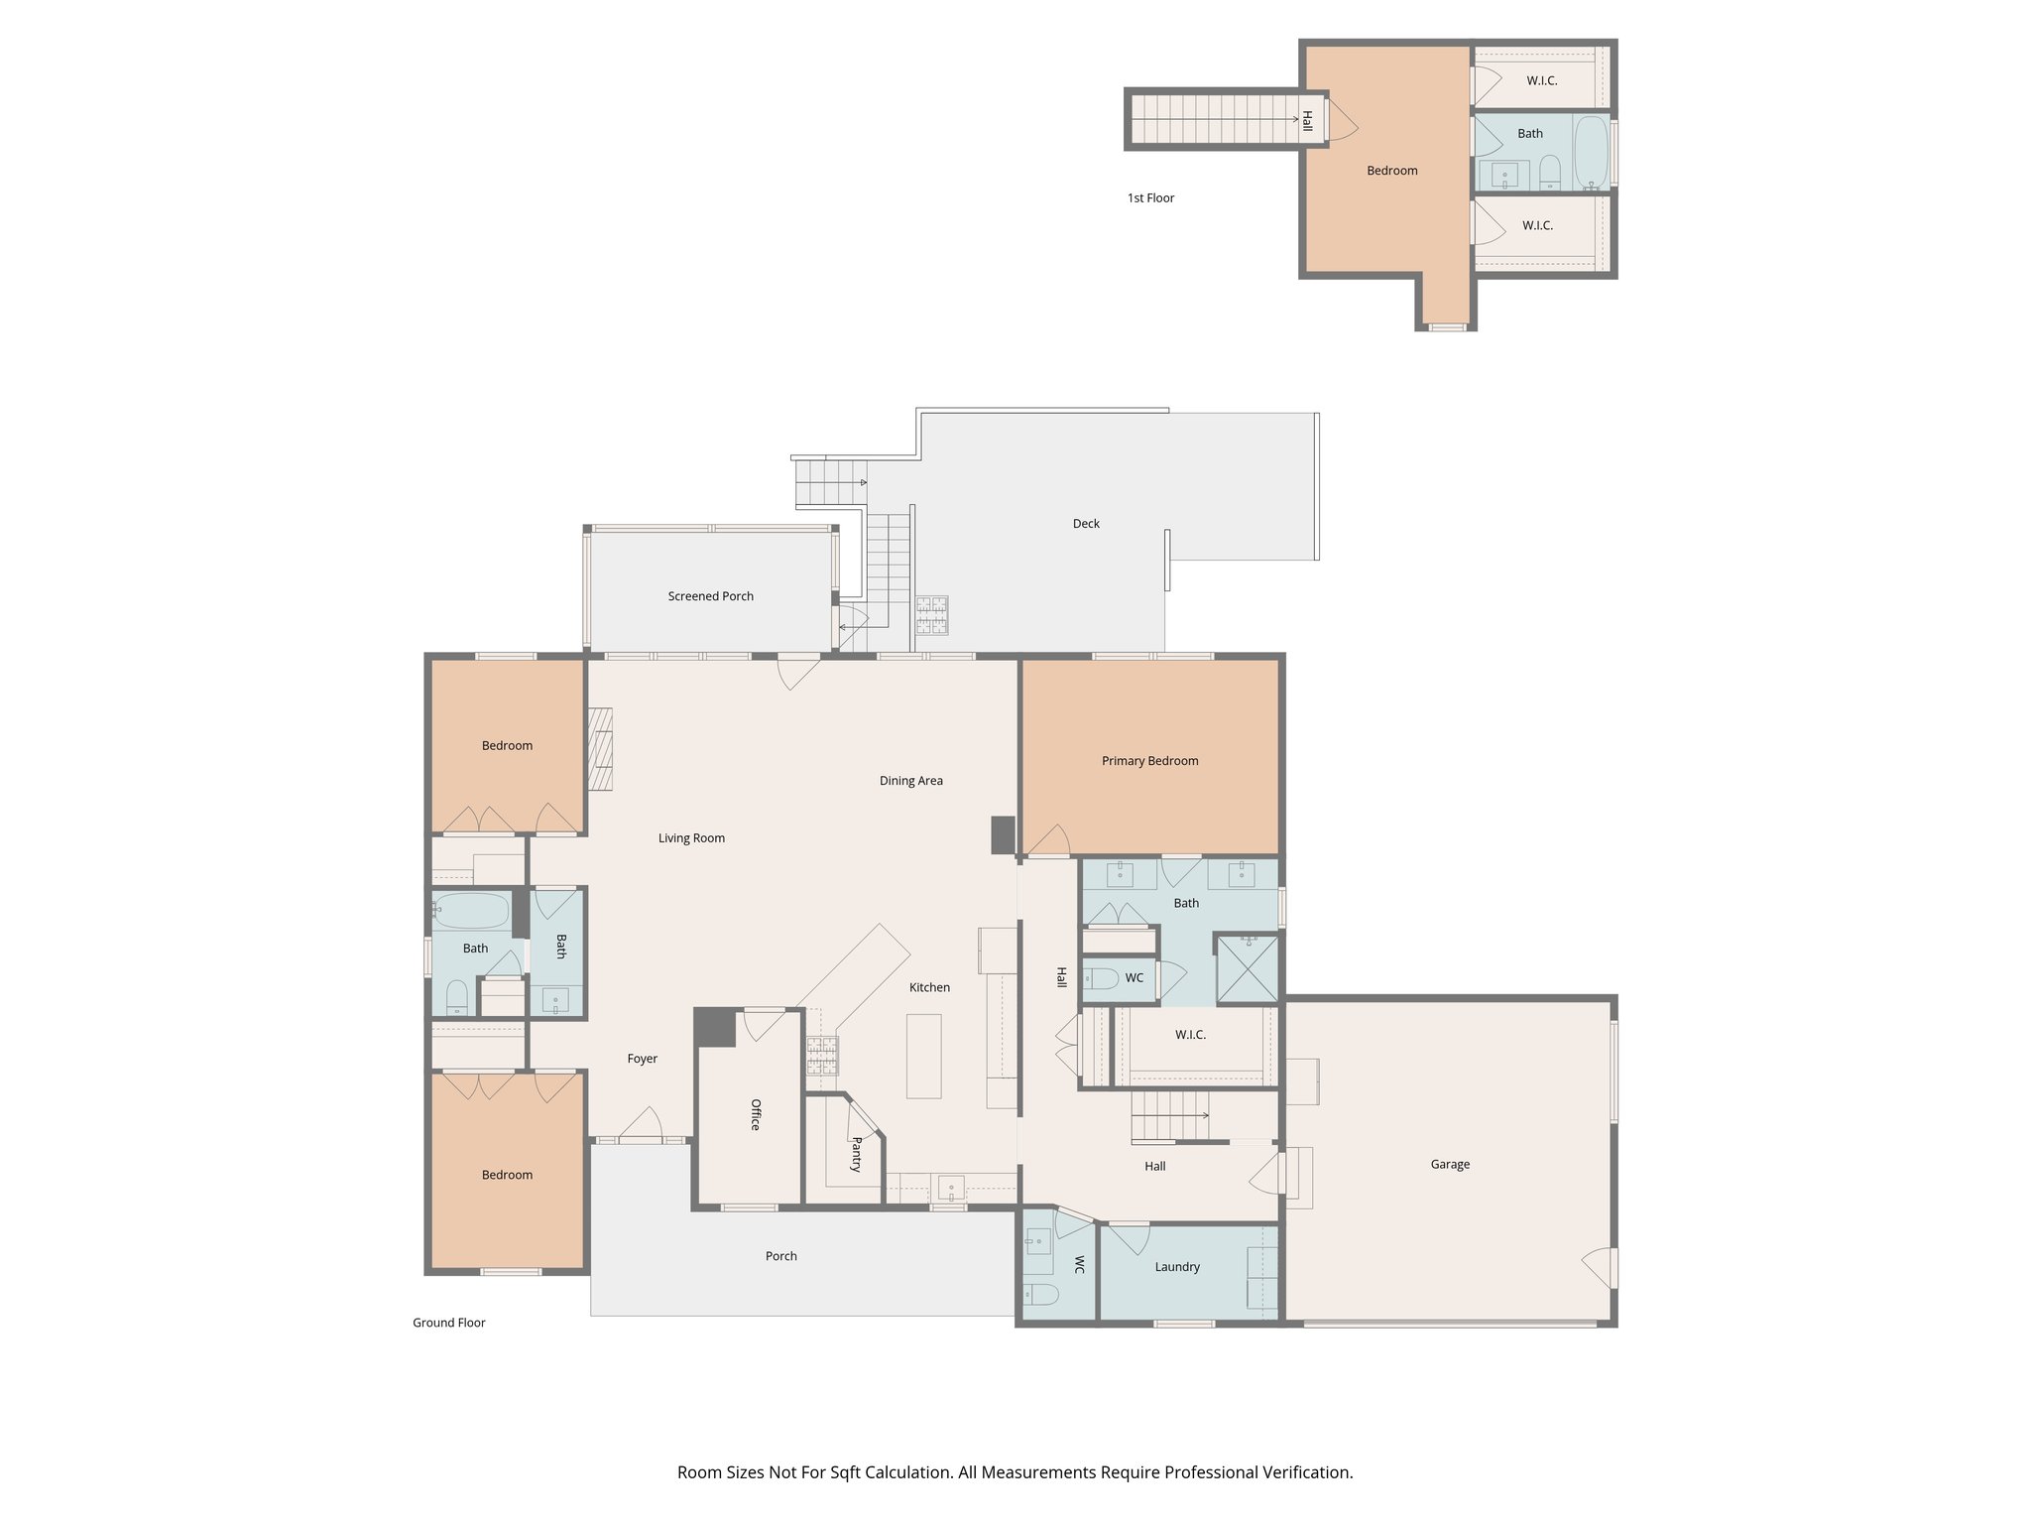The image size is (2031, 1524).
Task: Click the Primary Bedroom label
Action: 1149,761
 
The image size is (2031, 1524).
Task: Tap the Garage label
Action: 1449,1164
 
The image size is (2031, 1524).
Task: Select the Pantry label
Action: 856,1155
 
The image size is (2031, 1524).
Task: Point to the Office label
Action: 755,1114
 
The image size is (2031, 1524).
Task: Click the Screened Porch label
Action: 710,596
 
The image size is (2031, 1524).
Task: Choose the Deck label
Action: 1086,523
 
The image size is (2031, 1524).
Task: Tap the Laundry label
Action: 1177,1267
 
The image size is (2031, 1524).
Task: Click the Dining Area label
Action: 910,781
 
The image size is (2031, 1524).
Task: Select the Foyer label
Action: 642,1059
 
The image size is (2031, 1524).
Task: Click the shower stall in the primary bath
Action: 1248,968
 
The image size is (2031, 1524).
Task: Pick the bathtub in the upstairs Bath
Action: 1591,152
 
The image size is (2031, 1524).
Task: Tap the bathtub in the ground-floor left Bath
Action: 471,910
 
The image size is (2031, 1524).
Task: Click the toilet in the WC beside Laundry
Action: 1040,1294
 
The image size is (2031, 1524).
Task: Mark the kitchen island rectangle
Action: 923,1056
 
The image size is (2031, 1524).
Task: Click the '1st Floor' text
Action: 1150,198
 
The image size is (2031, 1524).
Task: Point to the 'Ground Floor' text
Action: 448,1323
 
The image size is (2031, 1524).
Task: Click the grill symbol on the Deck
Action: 931,614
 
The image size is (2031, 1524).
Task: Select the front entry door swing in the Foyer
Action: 643,1125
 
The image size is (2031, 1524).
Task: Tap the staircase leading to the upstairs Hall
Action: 1215,119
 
